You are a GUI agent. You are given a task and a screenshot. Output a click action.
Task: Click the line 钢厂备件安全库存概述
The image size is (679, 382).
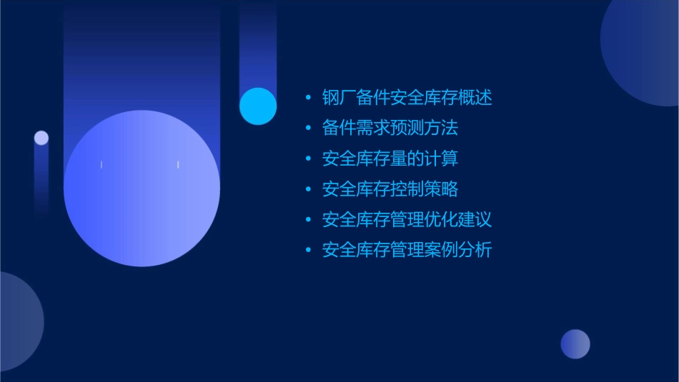pyautogui.click(x=407, y=98)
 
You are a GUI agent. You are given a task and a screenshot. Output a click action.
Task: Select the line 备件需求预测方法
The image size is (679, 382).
pyautogui.click(x=390, y=129)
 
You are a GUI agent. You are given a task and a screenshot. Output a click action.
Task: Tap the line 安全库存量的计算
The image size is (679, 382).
pyautogui.click(x=390, y=159)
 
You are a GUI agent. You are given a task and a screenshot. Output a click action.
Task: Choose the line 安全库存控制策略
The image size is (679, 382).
pyautogui.click(x=390, y=189)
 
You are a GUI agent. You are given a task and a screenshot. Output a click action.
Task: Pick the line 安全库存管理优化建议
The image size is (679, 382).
pyautogui.click(x=407, y=220)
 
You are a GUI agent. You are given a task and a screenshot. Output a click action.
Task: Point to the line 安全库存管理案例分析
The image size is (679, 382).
pyautogui.click(x=407, y=251)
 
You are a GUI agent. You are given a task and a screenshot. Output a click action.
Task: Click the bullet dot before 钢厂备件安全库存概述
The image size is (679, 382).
pyautogui.click(x=308, y=98)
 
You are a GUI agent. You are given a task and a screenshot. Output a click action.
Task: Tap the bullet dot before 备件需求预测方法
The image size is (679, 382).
pyautogui.click(x=308, y=129)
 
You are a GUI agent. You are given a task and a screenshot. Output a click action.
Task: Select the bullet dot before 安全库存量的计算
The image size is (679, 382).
pyautogui.click(x=308, y=159)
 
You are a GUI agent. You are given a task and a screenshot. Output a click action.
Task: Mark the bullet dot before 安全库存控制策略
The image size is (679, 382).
pyautogui.click(x=308, y=189)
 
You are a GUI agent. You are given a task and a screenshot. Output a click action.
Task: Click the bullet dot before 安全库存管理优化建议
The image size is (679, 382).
pyautogui.click(x=308, y=220)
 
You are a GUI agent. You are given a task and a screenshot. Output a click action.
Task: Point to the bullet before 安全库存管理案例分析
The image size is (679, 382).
pyautogui.click(x=308, y=251)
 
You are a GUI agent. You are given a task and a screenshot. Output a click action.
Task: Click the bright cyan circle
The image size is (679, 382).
pyautogui.click(x=258, y=106)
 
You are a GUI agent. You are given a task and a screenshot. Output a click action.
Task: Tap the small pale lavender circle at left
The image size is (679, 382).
pyautogui.click(x=41, y=138)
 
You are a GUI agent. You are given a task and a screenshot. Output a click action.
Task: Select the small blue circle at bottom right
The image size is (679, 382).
pyautogui.click(x=575, y=344)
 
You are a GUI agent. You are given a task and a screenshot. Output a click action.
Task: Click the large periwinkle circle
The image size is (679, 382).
pyautogui.click(x=142, y=188)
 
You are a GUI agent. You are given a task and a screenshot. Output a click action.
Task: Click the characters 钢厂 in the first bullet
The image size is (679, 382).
pyautogui.click(x=339, y=98)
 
